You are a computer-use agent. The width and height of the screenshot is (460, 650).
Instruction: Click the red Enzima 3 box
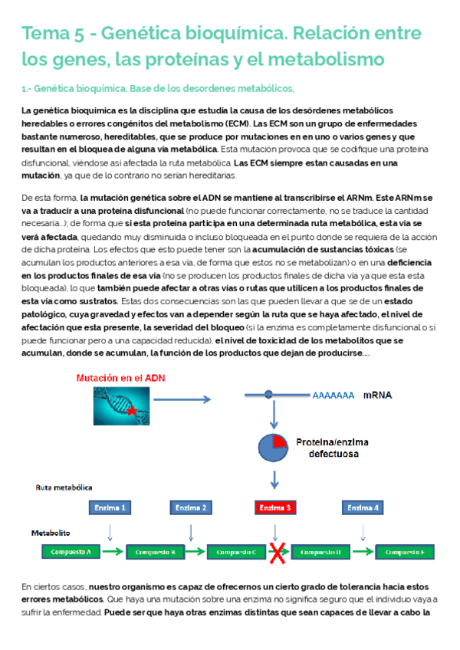274,507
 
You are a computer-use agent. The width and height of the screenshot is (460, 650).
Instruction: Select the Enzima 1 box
110,507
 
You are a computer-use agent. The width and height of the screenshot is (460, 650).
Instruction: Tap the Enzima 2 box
191,507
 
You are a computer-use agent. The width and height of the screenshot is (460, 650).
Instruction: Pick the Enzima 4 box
362,507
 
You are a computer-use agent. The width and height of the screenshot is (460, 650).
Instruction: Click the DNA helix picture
121,406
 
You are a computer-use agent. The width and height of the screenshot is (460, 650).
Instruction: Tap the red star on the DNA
132,412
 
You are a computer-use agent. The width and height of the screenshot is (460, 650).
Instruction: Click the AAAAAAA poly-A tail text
333,396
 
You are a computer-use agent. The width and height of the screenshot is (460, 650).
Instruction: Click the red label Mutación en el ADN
120,379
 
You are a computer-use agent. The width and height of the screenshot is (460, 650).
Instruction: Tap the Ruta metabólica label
64,487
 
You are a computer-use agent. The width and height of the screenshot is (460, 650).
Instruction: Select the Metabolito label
51,531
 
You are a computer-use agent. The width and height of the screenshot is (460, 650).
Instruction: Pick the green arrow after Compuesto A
112,552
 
